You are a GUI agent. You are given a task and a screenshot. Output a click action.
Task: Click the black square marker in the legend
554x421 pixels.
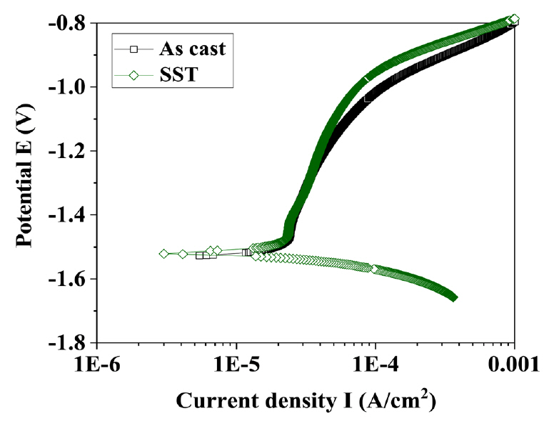(133, 49)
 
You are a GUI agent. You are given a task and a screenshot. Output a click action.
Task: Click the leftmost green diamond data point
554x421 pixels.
(164, 254)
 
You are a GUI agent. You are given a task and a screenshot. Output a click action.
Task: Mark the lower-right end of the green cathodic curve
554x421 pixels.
(453, 297)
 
